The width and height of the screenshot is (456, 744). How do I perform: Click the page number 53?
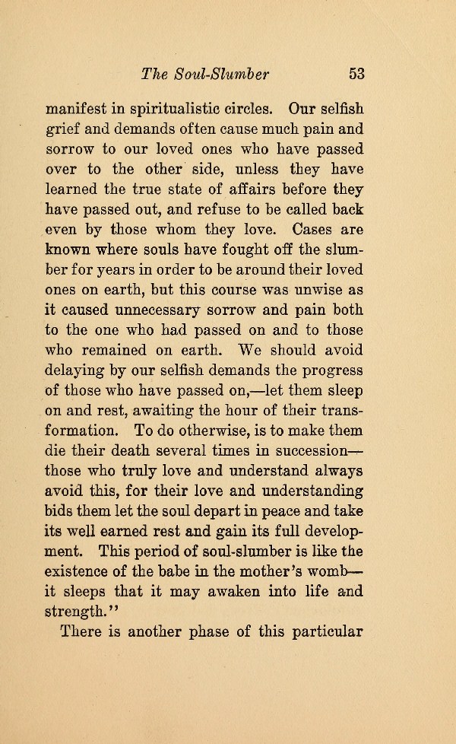click(x=357, y=74)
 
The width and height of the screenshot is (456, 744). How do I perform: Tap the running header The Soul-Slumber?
click(x=207, y=74)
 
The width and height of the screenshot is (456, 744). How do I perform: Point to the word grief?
click(x=62, y=129)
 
